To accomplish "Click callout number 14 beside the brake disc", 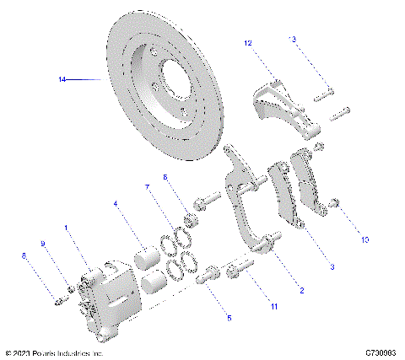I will point(62,80).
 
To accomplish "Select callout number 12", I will point(249,42).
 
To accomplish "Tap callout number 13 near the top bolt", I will point(293,39).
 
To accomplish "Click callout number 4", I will point(116,202).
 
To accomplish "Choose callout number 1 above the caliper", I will point(66,228).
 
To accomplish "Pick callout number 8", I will point(24,255).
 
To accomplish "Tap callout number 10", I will point(365,239).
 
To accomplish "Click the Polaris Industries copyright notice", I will point(54,352).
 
